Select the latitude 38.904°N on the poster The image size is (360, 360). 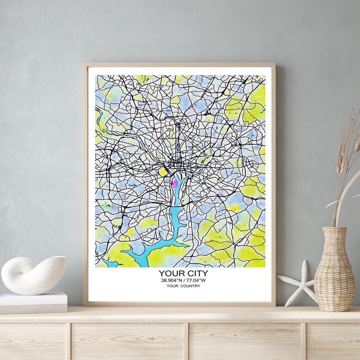tap(172, 280)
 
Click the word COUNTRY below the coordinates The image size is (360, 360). tap(191, 286)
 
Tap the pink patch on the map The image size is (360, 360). tap(174, 183)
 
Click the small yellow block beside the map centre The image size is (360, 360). tap(163, 172)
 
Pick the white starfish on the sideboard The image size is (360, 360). tap(299, 283)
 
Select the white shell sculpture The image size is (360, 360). tap(33, 275)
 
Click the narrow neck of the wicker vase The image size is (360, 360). tap(334, 233)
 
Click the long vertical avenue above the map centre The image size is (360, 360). tap(178, 140)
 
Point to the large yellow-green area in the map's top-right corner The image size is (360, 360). tap(250, 103)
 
